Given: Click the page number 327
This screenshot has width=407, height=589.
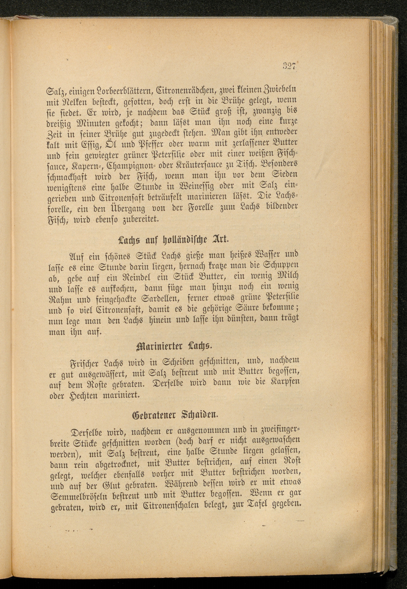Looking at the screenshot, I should (x=288, y=67).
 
